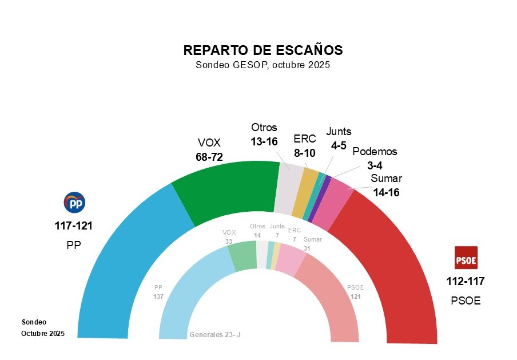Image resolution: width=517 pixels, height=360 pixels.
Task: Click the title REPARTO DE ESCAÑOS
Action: click(x=263, y=50)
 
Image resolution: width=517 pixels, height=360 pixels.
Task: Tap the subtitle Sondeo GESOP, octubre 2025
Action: click(x=263, y=65)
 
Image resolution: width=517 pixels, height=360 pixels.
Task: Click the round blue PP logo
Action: click(x=74, y=203)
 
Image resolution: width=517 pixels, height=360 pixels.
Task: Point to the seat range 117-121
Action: click(x=73, y=226)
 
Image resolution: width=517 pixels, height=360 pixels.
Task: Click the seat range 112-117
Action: click(x=465, y=281)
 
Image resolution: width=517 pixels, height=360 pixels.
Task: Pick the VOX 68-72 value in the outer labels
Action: click(x=209, y=156)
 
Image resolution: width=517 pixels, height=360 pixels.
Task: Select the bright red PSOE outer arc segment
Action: click(x=395, y=258)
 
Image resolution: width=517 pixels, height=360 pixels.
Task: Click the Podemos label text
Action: click(x=374, y=152)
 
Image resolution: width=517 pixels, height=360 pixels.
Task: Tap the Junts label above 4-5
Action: click(x=339, y=131)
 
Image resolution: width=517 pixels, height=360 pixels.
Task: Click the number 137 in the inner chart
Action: click(x=158, y=296)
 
